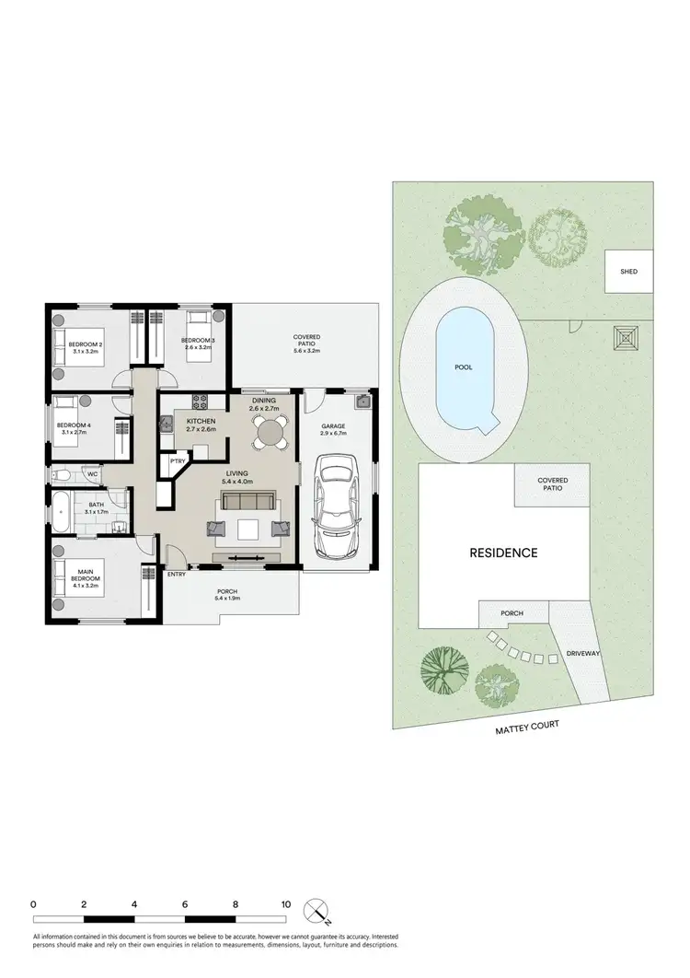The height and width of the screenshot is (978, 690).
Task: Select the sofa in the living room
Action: coord(247,502)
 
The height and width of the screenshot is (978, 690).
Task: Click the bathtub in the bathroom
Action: coord(62,511)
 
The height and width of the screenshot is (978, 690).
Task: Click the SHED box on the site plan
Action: coord(628,272)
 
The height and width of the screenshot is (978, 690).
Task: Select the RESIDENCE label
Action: coord(503,553)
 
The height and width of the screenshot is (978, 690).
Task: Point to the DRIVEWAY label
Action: coord(583,653)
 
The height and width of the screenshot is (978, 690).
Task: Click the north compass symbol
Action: coord(317,909)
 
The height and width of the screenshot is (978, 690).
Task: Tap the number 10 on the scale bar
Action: coord(286,904)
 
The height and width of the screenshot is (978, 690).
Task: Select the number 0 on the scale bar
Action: coord(33,904)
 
